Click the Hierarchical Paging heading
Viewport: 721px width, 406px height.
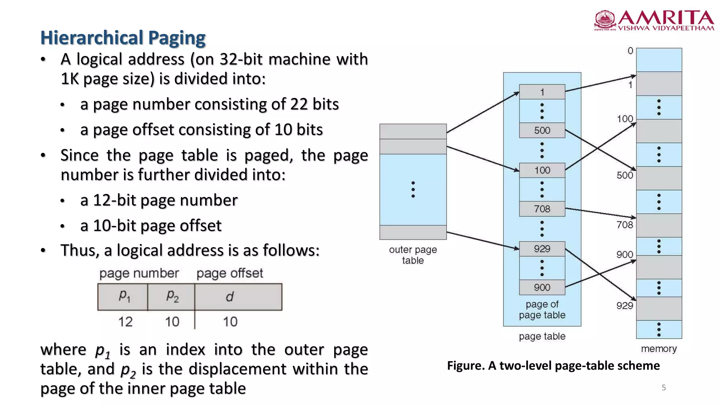click(123, 38)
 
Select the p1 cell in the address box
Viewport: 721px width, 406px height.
click(123, 297)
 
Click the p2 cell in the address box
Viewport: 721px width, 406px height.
click(171, 297)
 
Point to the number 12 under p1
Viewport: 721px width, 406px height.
click(125, 322)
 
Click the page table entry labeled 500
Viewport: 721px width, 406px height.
click(542, 130)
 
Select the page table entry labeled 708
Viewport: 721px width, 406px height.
click(542, 209)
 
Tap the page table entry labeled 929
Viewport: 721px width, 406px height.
click(542, 249)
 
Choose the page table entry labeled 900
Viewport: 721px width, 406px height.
click(542, 288)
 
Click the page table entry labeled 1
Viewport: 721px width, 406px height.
click(542, 92)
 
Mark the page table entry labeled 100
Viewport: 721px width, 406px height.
click(542, 171)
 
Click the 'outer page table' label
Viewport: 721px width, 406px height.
click(413, 255)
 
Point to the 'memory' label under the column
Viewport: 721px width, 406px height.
click(659, 349)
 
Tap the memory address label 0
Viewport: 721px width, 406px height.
click(630, 51)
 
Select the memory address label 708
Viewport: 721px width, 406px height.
click(625, 225)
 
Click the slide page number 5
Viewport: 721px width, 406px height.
click(664, 388)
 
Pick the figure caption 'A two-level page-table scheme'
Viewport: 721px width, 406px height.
click(553, 366)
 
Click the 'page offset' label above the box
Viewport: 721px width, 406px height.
click(230, 273)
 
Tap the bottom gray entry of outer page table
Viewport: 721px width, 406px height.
click(413, 233)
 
